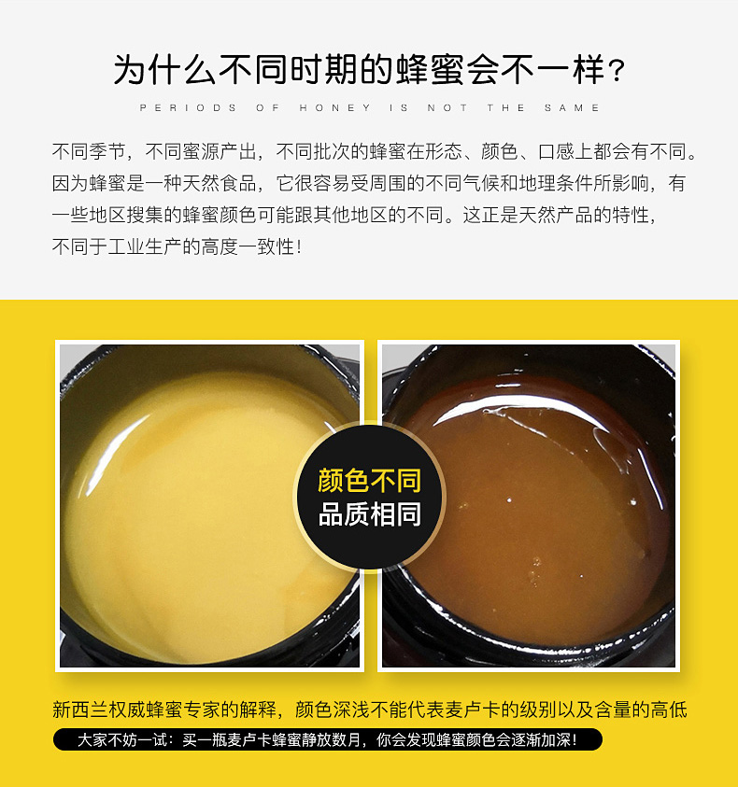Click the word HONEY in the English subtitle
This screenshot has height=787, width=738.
[335, 108]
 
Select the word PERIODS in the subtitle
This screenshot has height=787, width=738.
[189, 108]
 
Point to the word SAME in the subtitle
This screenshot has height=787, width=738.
[573, 108]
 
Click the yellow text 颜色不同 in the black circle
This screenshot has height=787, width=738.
[370, 481]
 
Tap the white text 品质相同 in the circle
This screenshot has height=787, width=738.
[370, 514]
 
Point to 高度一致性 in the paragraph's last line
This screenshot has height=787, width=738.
[248, 247]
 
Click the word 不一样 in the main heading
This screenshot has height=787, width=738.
[554, 70]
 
